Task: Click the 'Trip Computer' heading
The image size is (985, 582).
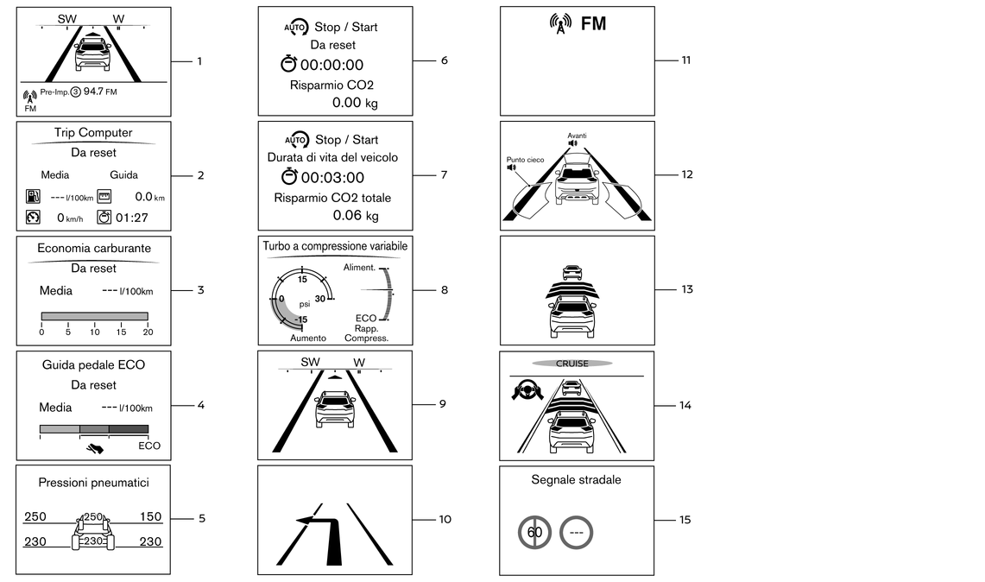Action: (x=93, y=132)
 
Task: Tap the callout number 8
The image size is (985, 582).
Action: (x=445, y=290)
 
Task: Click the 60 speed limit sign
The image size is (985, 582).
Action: (x=535, y=532)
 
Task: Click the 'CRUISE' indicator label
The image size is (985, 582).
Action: (x=571, y=364)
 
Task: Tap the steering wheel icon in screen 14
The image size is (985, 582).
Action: (x=525, y=391)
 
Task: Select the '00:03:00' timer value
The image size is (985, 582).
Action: (x=332, y=178)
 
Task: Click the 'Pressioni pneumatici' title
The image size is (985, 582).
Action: (x=93, y=481)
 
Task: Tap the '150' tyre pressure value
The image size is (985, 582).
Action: (x=150, y=516)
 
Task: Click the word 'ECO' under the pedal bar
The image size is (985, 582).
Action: (x=148, y=446)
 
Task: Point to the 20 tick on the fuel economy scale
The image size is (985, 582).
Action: (x=148, y=332)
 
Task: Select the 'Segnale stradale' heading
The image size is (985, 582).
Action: (x=576, y=479)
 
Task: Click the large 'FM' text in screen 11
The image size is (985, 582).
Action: (x=593, y=24)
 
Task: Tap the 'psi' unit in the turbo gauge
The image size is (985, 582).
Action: (x=304, y=304)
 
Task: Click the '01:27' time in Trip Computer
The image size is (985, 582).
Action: (x=131, y=218)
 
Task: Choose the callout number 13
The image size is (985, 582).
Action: (x=686, y=289)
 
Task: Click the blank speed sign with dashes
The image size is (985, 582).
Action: (x=576, y=532)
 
